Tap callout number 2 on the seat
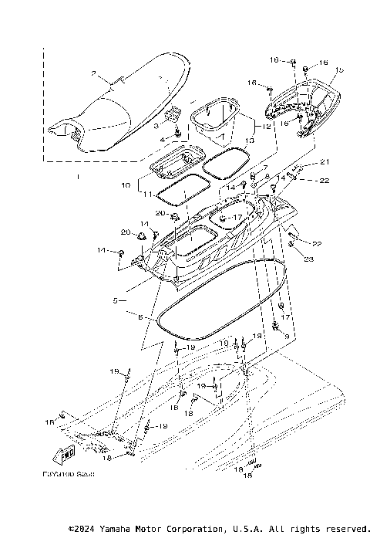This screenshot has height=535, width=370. point(94,75)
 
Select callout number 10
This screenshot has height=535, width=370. point(126,186)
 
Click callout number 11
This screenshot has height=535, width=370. point(147,196)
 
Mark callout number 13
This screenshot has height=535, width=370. point(249,141)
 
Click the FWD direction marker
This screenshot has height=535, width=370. point(67,450)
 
